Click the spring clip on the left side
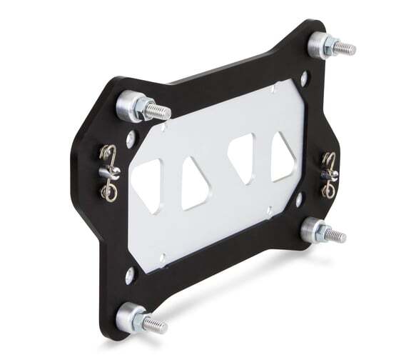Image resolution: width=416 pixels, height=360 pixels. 108,172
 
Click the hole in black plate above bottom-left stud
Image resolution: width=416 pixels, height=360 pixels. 129,272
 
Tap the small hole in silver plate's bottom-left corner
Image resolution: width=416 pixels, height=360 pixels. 162,256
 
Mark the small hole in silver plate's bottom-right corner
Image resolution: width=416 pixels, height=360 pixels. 269,209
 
